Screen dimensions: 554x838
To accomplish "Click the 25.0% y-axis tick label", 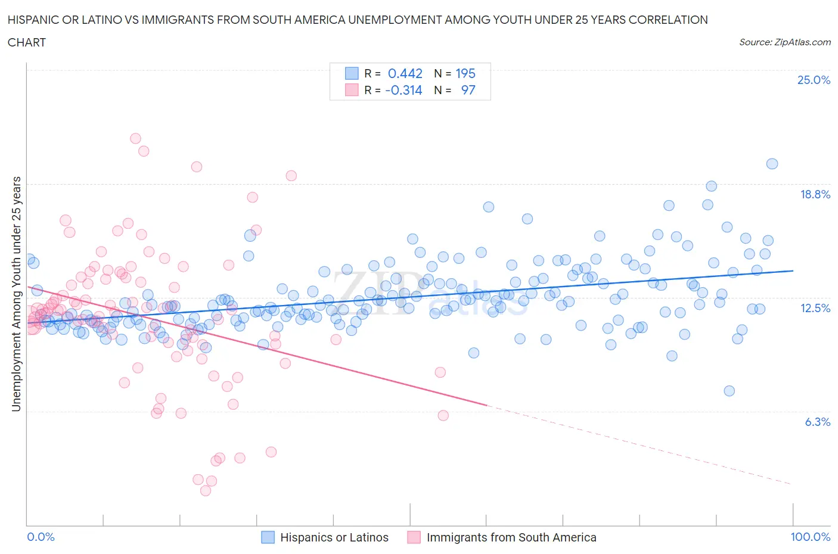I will point(814,80).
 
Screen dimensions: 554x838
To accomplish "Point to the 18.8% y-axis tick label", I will point(815,194).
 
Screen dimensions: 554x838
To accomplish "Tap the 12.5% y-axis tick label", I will point(815,308).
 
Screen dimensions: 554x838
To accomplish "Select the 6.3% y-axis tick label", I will point(817,422).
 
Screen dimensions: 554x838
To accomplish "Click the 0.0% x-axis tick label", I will point(41,537).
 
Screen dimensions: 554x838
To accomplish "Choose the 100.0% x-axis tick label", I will point(810,537).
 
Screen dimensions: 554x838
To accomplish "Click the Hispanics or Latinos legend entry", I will point(325,537).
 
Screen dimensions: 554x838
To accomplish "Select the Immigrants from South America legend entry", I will point(502,537).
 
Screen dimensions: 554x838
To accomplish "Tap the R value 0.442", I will point(405,73).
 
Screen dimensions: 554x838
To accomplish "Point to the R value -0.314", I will point(404,90).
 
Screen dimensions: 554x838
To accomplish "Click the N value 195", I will point(465,73).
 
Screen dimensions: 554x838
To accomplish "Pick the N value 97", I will point(468,90).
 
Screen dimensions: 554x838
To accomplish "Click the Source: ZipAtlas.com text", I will point(784,42).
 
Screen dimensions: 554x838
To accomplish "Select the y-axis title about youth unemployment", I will point(16,294).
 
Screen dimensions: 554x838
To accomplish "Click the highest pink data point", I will point(135,138).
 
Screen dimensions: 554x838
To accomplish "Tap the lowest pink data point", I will point(206,490).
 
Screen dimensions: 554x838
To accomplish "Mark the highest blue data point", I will point(772,164).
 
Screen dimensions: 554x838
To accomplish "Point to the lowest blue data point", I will point(729,391).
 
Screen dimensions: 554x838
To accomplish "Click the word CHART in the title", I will point(27,42).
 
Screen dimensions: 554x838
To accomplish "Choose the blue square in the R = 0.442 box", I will point(352,73).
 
